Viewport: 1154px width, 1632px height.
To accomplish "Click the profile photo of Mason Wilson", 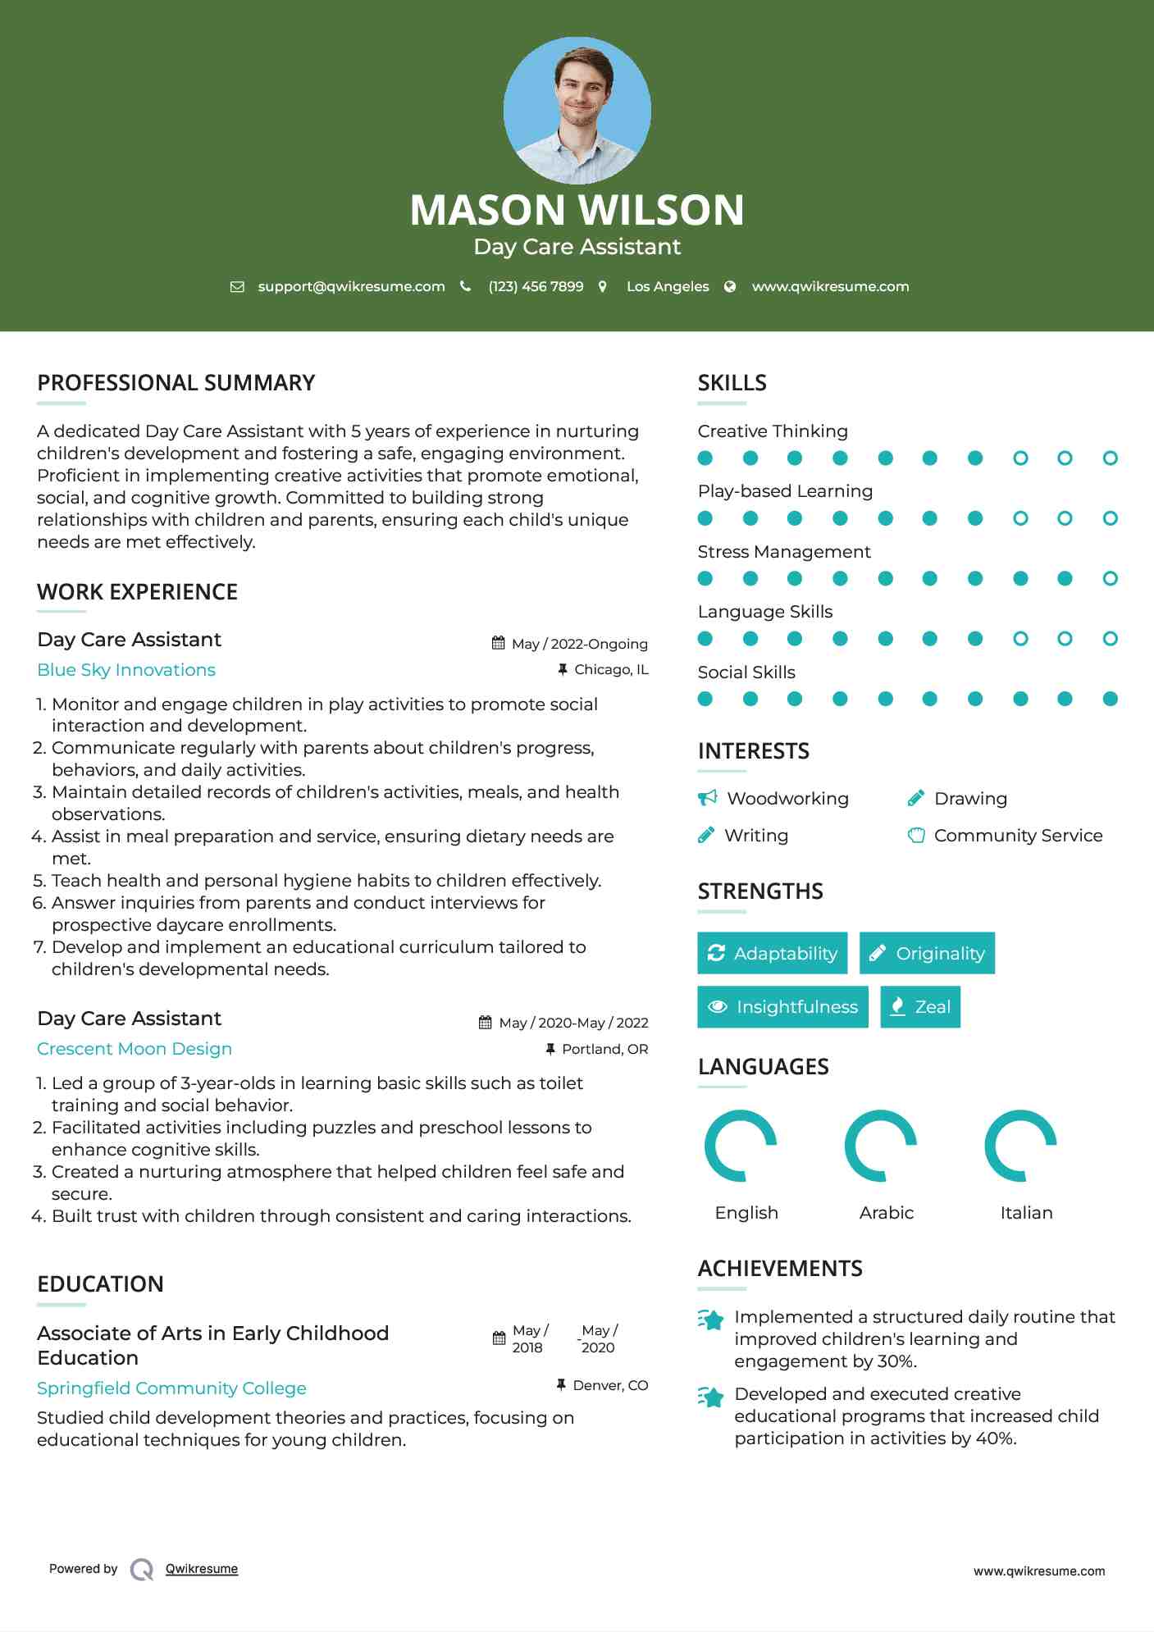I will tap(577, 110).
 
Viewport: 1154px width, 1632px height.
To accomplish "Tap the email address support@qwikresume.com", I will tap(351, 286).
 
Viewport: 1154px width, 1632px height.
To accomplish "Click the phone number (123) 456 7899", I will tap(536, 286).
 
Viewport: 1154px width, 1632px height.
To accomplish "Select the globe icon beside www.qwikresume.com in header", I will tap(730, 286).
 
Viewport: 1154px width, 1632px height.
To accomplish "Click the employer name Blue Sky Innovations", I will tap(126, 670).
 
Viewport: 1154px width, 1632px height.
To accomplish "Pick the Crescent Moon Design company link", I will tap(135, 1049).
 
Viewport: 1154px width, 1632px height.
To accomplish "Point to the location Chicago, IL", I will tap(611, 670).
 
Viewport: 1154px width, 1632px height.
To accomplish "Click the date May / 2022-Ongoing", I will tap(579, 644).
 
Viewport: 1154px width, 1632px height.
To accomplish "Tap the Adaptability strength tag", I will tap(772, 953).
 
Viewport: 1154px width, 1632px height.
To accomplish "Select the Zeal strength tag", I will tap(920, 1007).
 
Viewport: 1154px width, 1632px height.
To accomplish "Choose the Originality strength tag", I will tap(927, 953).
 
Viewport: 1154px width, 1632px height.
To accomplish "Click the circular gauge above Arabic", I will tap(881, 1146).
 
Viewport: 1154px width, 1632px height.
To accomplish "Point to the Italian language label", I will tap(1026, 1213).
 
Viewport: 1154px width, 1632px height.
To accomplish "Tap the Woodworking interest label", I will tap(787, 799).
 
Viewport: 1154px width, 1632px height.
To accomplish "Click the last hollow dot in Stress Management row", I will tap(1110, 579).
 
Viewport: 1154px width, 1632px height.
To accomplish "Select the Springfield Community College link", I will tap(171, 1388).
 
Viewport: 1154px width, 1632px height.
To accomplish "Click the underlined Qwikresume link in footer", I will tap(202, 1569).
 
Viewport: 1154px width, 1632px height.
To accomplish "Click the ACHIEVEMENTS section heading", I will tap(779, 1269).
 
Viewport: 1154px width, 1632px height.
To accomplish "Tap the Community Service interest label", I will tap(1018, 836).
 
